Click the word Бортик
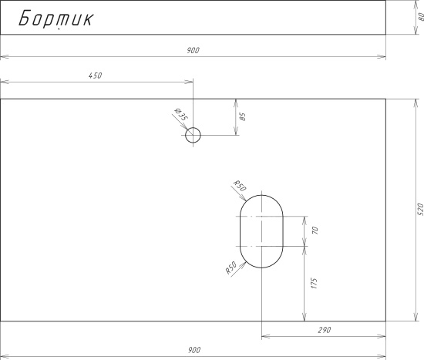(x=56, y=19)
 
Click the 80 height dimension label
(x=421, y=17)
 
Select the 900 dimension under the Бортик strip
(x=193, y=50)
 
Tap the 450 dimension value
(x=95, y=76)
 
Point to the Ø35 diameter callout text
(x=181, y=114)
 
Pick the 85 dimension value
(x=243, y=116)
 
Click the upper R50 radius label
(x=240, y=186)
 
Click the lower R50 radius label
(x=231, y=267)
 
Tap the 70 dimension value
(x=315, y=230)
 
